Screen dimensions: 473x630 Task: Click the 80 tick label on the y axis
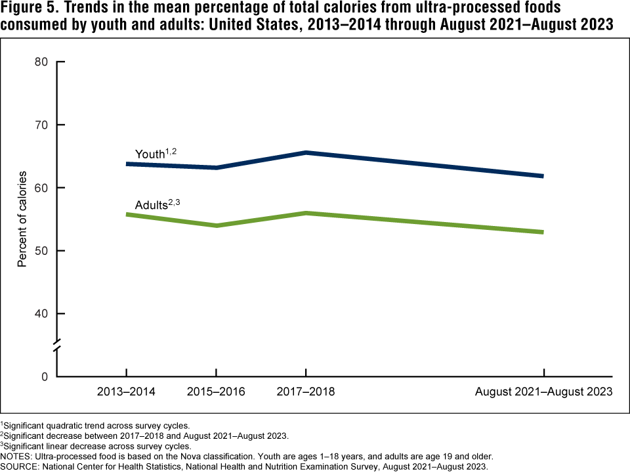(41, 62)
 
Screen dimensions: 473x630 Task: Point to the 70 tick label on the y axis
(41, 125)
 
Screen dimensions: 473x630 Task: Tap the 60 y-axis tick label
(41, 188)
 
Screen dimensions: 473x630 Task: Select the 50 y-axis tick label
(41, 251)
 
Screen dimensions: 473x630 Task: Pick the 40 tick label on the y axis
(41, 314)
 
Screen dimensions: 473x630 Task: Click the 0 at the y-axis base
(45, 377)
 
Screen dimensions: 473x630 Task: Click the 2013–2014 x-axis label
(127, 392)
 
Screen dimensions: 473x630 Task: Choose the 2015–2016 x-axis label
(217, 392)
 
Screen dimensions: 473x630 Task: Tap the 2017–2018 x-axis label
(306, 392)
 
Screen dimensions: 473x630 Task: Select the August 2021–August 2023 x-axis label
(543, 392)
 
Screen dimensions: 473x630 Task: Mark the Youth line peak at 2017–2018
(306, 153)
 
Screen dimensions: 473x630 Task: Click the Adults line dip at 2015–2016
(217, 225)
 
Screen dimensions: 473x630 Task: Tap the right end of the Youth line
(543, 176)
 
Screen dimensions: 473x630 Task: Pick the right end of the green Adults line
(543, 232)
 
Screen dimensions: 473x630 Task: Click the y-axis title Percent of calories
(22, 219)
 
